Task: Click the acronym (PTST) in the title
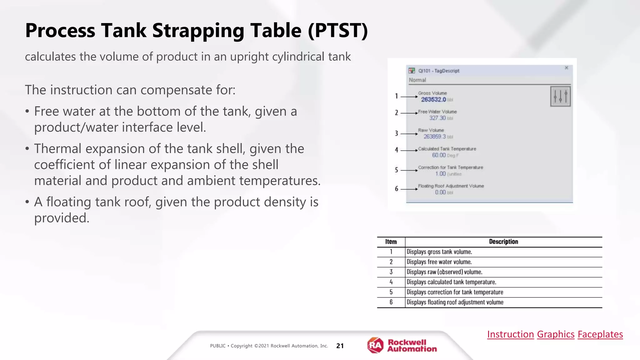click(x=337, y=31)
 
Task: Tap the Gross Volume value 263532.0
click(x=433, y=100)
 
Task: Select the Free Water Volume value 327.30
click(x=437, y=118)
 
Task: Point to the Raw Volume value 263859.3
click(x=434, y=137)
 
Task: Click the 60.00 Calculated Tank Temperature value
click(x=439, y=155)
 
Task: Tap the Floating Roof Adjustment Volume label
click(x=451, y=186)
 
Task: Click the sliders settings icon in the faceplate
click(x=560, y=97)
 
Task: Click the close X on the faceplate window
click(x=566, y=68)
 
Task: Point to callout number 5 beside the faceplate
click(x=396, y=170)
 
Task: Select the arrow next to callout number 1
click(x=409, y=97)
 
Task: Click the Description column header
click(x=503, y=242)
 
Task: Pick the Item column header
click(x=391, y=242)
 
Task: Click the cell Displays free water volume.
click(x=439, y=262)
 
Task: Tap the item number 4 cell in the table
click(x=391, y=282)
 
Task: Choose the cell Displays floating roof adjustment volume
click(x=455, y=302)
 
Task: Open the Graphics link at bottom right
click(x=555, y=334)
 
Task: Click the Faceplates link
click(x=600, y=334)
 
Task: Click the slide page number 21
click(x=340, y=346)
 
